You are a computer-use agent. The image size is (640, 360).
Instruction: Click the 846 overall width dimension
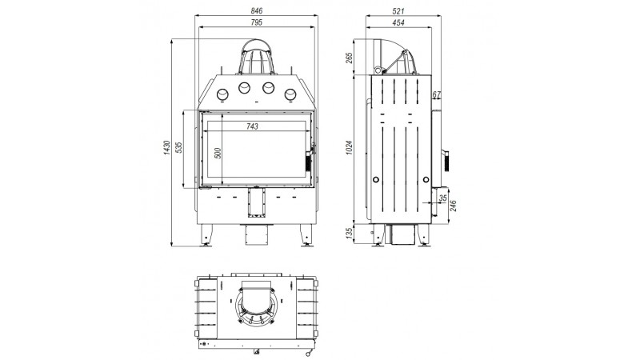[256, 11]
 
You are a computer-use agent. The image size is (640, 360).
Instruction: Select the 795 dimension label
[256, 23]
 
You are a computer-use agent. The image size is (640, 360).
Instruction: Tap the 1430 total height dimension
[166, 148]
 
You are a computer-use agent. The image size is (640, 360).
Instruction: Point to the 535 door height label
[178, 147]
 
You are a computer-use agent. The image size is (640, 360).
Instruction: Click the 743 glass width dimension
[252, 126]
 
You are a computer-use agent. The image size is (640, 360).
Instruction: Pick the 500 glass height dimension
[218, 154]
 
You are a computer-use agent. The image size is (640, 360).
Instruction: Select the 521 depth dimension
[398, 11]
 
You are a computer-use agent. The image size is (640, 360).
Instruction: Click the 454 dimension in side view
[398, 23]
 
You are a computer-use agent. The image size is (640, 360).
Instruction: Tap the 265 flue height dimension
[349, 58]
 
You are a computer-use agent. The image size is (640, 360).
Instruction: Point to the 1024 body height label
[349, 147]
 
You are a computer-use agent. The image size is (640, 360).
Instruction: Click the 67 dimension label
[436, 94]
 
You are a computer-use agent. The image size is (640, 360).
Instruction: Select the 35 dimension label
[443, 198]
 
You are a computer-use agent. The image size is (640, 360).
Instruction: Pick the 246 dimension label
[453, 206]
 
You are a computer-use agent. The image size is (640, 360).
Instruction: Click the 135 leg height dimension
[349, 234]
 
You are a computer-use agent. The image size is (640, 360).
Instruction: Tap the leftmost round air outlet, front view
[222, 95]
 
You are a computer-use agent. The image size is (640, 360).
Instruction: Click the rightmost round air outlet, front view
[290, 95]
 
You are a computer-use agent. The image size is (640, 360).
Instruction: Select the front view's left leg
[206, 235]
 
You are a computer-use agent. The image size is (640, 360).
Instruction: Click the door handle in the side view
[446, 160]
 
